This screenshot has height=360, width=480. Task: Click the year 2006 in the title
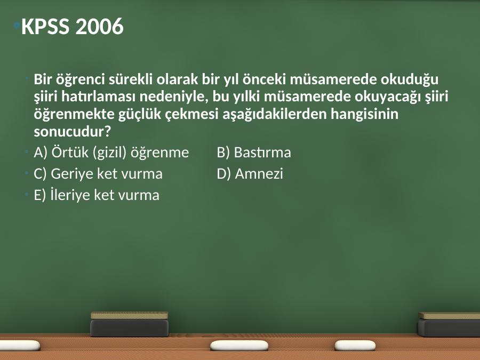[x=99, y=26]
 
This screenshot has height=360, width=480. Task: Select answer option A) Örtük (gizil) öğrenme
[x=111, y=153]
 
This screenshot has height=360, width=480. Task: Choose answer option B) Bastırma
[x=254, y=153]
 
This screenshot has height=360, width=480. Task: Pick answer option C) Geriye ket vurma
[x=98, y=174]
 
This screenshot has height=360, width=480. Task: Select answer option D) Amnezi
[x=250, y=173]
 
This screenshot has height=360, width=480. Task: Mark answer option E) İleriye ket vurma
[x=97, y=195]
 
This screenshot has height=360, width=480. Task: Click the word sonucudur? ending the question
[x=72, y=132]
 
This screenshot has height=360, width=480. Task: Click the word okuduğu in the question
[x=410, y=79]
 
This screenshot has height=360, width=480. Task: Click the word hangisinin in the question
[x=365, y=115]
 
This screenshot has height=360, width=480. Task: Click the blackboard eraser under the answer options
[x=130, y=324]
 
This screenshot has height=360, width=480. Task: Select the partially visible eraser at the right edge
[x=449, y=324]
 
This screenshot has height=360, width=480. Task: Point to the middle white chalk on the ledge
[x=239, y=345]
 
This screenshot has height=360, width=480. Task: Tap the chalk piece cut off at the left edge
[x=20, y=345]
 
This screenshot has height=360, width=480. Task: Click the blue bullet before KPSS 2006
[x=17, y=25]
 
